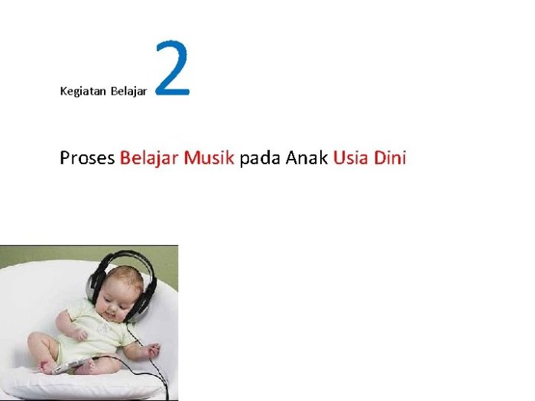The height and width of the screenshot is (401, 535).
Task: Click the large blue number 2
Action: pos(172,70)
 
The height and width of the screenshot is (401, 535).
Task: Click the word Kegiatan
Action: pos(83,91)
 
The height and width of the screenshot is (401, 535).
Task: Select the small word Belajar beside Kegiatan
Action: pos(128,91)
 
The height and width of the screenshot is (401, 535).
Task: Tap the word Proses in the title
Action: pos(87,159)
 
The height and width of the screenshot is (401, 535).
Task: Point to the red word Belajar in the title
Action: pos(149,159)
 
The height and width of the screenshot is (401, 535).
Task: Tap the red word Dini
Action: pos(390,159)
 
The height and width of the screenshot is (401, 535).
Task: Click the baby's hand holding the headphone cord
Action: pos(152,351)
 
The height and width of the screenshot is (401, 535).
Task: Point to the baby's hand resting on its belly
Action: pos(79,333)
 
